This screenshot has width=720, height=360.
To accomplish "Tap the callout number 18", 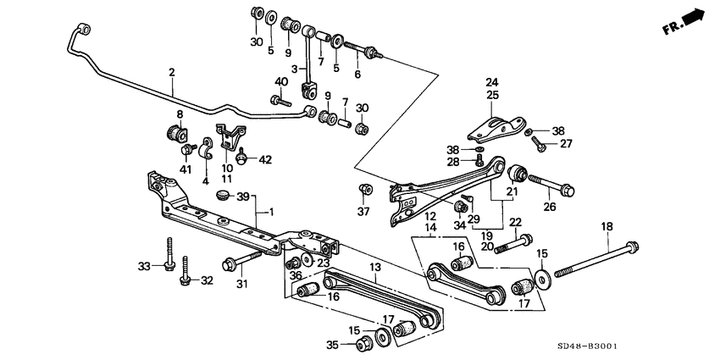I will [x=606, y=226].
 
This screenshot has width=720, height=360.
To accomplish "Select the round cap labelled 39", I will [x=224, y=196].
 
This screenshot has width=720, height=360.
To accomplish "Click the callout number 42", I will [x=265, y=159].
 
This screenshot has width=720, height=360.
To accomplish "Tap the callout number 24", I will [x=491, y=82].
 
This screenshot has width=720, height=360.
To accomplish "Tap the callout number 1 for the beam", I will [x=270, y=211].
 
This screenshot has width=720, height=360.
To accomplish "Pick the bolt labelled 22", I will [x=505, y=246].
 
